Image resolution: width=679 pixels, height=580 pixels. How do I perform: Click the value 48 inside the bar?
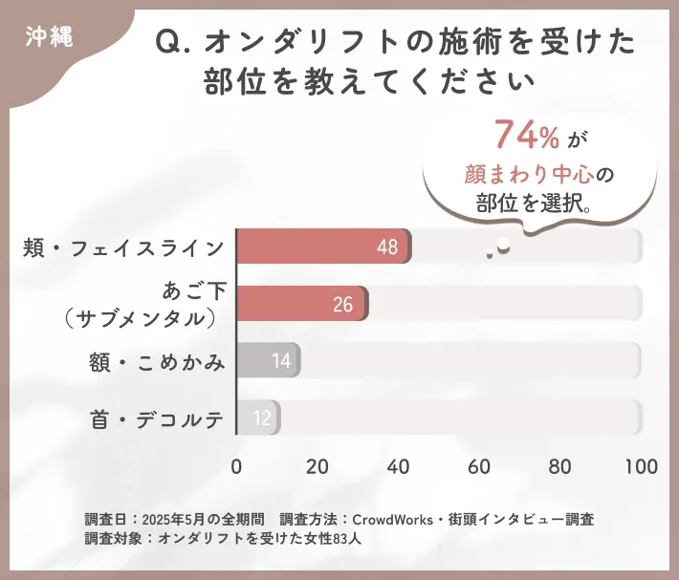[x=387, y=247]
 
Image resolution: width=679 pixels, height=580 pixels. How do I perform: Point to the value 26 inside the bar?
[x=343, y=305]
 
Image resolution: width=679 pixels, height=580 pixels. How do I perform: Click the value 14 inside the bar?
[x=281, y=361]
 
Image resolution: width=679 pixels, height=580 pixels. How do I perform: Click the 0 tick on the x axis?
[x=237, y=466]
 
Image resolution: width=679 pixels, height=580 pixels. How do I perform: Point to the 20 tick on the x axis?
[x=318, y=466]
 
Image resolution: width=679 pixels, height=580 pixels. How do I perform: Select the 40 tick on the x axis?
[x=398, y=466]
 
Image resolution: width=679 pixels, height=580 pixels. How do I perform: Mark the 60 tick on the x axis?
[x=479, y=466]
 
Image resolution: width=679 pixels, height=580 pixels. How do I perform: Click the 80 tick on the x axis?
[x=559, y=466]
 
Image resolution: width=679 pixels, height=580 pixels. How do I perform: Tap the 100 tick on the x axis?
[x=640, y=466]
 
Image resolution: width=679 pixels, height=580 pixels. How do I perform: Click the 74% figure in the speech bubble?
[x=526, y=137]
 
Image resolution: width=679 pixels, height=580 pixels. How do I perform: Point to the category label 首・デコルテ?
[x=158, y=419]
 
